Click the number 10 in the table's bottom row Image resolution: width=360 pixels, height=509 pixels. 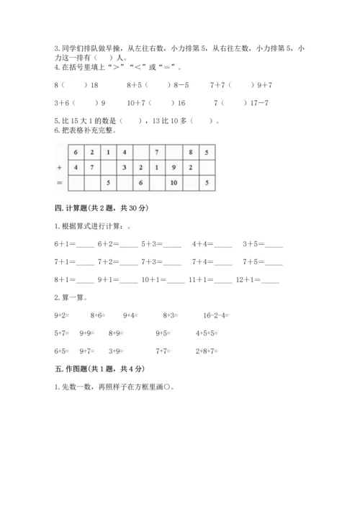pos(174,183)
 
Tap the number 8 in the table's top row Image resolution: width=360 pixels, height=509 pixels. pos(190,153)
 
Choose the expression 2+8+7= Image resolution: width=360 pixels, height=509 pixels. pos(206,351)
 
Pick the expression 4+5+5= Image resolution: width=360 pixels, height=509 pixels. pos(207,333)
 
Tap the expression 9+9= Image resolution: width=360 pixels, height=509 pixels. pos(88,333)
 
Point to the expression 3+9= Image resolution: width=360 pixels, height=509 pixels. pos(117,351)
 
